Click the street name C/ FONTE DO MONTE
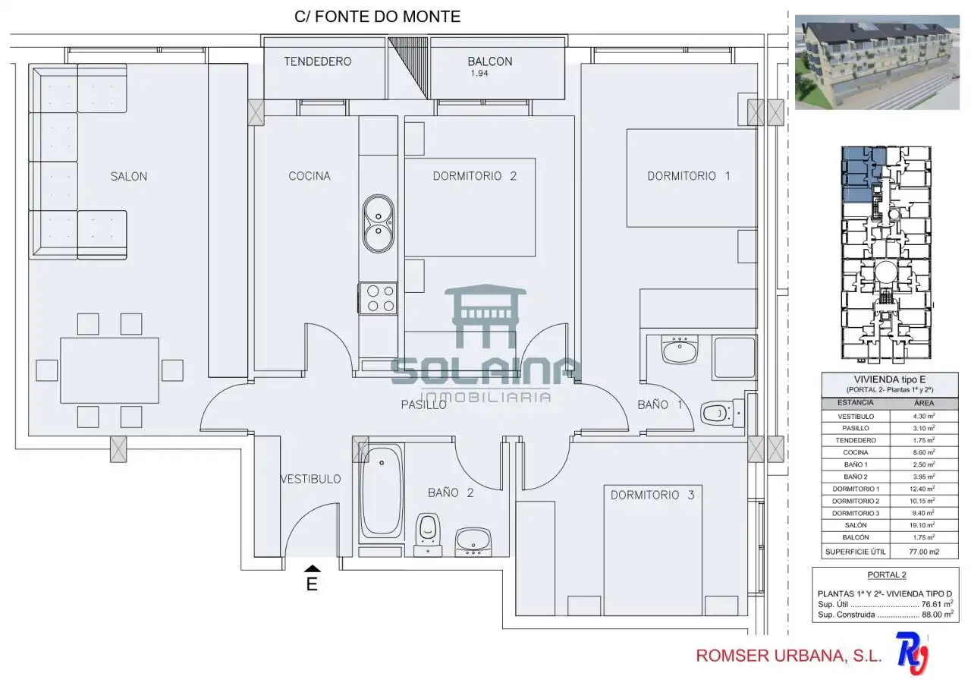tap(377, 17)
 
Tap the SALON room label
tap(129, 177)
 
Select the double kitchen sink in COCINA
tap(379, 224)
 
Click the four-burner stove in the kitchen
tap(378, 298)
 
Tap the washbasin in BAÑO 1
tap(679, 350)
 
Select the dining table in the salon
tap(109, 370)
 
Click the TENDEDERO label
tap(318, 61)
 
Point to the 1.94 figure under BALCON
tap(479, 74)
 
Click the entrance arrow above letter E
tap(312, 568)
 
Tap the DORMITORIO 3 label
tap(652, 495)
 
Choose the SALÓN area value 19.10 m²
tap(923, 524)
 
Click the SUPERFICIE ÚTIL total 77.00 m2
tap(924, 552)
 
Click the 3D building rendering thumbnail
tap(876, 62)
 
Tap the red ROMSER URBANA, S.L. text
tap(788, 655)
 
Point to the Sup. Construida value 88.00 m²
tap(938, 615)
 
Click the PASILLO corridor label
tap(423, 404)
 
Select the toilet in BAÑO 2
tap(428, 534)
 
